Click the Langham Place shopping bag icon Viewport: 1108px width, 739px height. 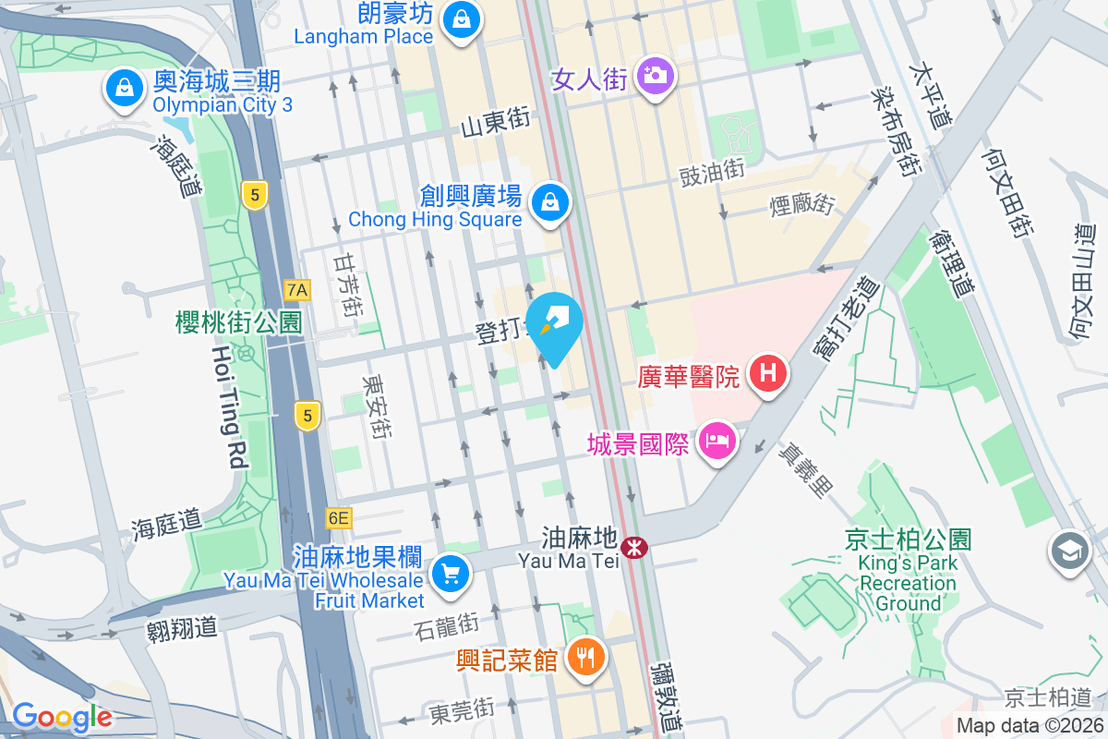(459, 18)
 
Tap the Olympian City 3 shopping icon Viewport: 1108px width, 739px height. (123, 90)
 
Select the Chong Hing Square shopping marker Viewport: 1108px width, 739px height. (551, 200)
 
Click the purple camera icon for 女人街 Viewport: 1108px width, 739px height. (656, 74)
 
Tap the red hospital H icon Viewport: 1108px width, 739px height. (768, 374)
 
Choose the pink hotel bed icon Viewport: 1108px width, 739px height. (717, 440)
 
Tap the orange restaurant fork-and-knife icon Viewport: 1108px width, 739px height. (584, 658)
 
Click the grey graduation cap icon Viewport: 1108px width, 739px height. (1069, 551)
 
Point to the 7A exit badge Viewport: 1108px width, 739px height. (297, 290)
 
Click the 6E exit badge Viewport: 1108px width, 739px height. (338, 518)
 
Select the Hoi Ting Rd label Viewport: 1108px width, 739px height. (230, 406)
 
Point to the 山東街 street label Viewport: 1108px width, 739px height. (497, 122)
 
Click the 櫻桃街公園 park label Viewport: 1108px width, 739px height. (238, 321)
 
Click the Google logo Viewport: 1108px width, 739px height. (62, 717)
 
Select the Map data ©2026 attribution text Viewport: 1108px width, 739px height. (1030, 726)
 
